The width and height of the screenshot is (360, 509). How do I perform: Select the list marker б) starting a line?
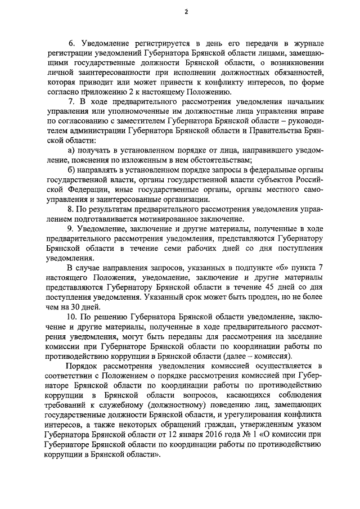coord(71,174)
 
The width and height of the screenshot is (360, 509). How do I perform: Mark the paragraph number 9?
coord(71,235)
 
